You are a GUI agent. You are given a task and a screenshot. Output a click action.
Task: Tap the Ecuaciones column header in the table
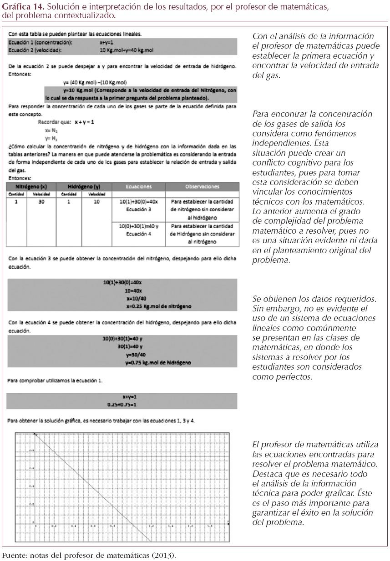[x=139, y=186]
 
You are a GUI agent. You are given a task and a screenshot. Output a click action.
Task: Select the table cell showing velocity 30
[x=41, y=201]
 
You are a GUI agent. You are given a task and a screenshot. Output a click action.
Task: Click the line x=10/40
[x=137, y=299]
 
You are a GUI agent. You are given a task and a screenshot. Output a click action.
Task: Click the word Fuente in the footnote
[x=13, y=556]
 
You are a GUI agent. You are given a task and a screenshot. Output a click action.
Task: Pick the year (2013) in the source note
[x=164, y=556]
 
